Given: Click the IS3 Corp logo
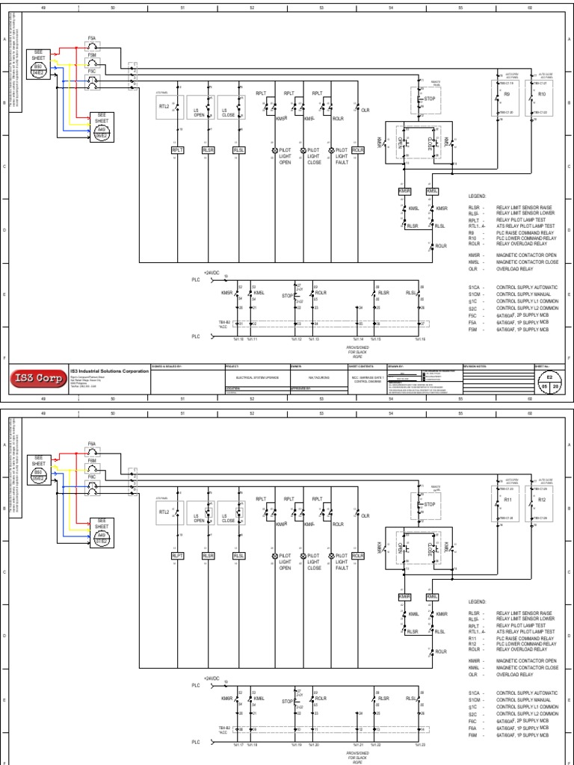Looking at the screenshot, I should click(38, 377).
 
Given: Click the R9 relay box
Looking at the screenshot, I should click(506, 96).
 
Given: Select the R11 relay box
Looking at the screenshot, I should click(506, 499).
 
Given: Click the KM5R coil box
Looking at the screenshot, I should click(404, 191).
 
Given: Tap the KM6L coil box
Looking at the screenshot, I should click(432, 596).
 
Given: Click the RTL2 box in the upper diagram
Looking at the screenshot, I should click(164, 107).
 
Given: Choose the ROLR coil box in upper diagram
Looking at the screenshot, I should click(357, 150).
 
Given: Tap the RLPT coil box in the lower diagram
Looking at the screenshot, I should click(178, 555).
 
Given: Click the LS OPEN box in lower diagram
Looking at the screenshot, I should click(199, 516).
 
